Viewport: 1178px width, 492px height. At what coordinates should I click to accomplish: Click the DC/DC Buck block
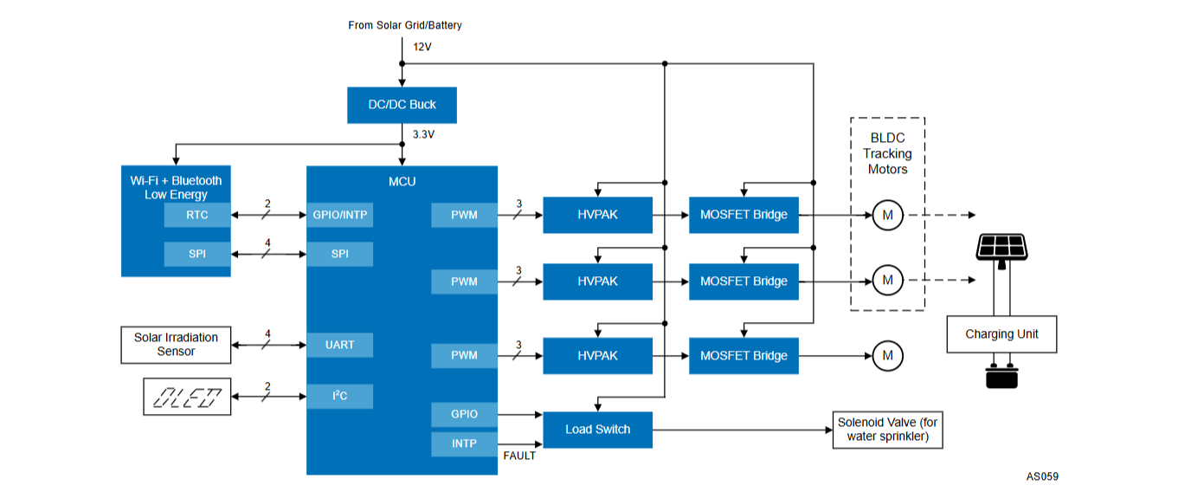click(x=402, y=105)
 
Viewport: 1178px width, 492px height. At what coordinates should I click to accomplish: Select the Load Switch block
click(x=597, y=430)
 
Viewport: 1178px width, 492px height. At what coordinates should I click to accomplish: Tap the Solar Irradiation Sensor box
click(x=176, y=345)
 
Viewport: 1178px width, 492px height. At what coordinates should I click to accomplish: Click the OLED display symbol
click(x=187, y=396)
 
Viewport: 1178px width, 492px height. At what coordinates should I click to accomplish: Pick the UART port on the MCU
click(x=340, y=345)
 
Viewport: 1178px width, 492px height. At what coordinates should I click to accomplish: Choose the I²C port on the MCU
click(x=340, y=396)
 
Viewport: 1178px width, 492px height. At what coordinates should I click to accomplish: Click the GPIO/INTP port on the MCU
click(x=340, y=215)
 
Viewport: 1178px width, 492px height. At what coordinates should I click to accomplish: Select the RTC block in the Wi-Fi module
click(x=197, y=215)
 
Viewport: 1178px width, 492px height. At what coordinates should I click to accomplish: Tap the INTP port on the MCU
click(x=465, y=443)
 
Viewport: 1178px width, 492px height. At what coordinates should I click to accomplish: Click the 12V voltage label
click(x=422, y=47)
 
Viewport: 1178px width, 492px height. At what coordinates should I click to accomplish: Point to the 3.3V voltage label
click(x=423, y=134)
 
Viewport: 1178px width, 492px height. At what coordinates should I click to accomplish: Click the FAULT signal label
click(x=519, y=456)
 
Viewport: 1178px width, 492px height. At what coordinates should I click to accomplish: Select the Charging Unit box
click(x=1001, y=334)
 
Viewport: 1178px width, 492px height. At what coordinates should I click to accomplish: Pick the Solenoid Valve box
click(x=888, y=430)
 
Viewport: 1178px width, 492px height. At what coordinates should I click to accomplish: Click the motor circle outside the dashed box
click(x=888, y=356)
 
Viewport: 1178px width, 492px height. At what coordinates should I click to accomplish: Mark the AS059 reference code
click(x=1042, y=476)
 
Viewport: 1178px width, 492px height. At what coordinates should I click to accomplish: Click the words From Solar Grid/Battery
click(x=405, y=25)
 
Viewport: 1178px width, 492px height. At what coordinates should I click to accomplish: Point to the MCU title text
click(x=402, y=182)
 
